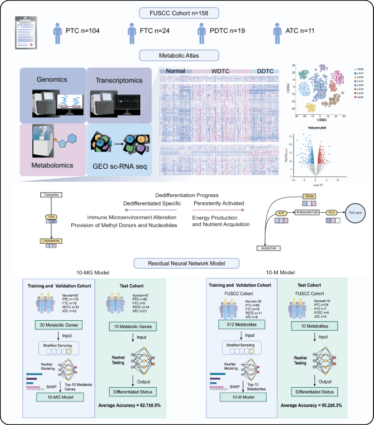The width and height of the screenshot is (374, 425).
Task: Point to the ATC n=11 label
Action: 305,32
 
